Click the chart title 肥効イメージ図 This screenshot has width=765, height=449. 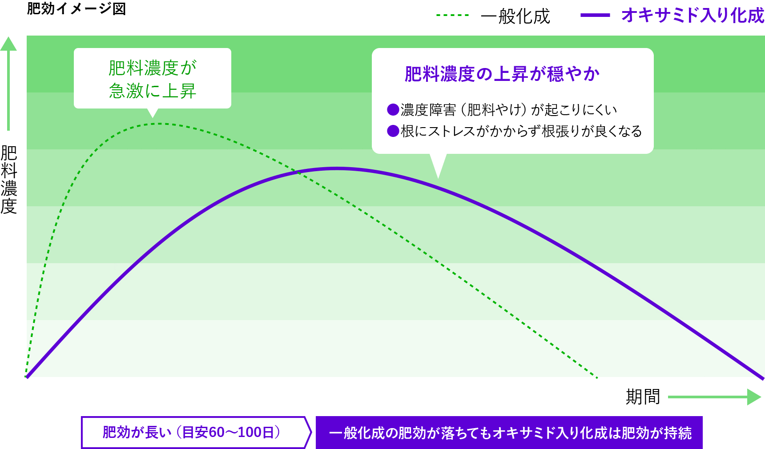[76, 8]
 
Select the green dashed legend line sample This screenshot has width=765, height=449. [452, 15]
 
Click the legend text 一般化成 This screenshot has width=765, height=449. [515, 16]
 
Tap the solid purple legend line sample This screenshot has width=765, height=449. [595, 15]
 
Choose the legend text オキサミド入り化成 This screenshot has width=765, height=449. [693, 15]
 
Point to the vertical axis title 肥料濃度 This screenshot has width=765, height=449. [9, 180]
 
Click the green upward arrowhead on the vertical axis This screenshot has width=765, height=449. [8, 44]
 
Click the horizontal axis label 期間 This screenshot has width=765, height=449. [643, 397]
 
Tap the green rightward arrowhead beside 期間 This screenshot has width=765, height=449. [754, 397]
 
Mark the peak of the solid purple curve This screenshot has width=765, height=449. [337, 168]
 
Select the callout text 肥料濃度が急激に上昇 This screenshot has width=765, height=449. [153, 79]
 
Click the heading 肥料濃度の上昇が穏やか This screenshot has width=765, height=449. [502, 74]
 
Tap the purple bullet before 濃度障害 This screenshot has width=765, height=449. [393, 109]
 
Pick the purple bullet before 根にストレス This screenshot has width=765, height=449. [393, 131]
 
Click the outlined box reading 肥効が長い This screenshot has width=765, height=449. [196, 432]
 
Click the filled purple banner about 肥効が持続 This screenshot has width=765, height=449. [509, 433]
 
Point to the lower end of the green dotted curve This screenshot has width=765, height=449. [597, 378]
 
